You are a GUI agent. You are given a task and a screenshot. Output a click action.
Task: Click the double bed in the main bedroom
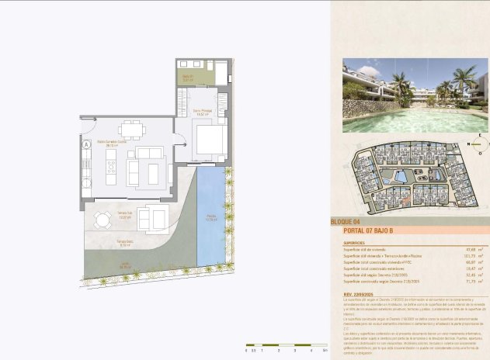[x=210, y=142]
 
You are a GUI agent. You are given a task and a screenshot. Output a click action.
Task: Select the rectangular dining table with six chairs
[x=130, y=129]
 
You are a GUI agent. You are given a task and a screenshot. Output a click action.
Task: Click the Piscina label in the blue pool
[x=211, y=217]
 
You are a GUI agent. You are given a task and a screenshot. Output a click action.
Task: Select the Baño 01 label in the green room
[x=187, y=77]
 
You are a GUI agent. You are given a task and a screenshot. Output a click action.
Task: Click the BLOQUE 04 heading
[x=346, y=222]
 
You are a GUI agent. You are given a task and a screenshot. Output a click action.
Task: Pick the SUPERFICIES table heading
[x=354, y=242]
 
